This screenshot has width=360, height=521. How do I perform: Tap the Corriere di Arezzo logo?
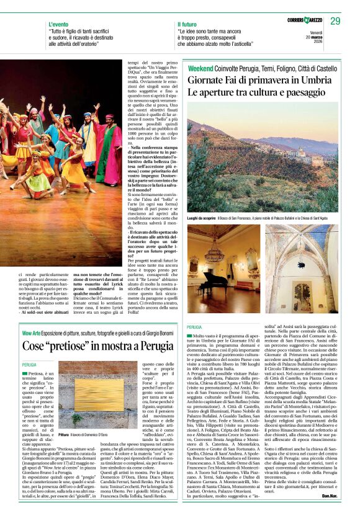coord(296,21)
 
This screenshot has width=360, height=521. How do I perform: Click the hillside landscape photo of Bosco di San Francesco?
coord(264,174)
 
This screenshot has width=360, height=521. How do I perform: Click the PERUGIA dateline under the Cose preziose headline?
coord(29,366)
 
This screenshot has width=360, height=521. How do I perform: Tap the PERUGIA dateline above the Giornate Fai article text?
coord(194,327)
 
